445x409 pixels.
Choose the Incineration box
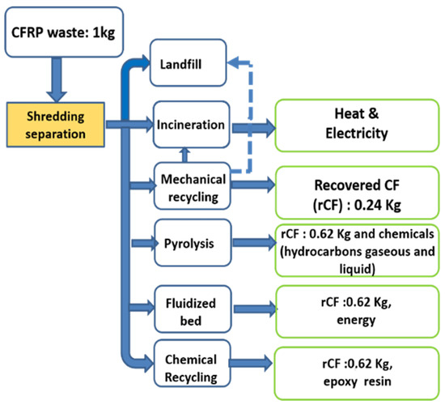point(192,125)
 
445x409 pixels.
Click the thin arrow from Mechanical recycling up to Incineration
point(184,154)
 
